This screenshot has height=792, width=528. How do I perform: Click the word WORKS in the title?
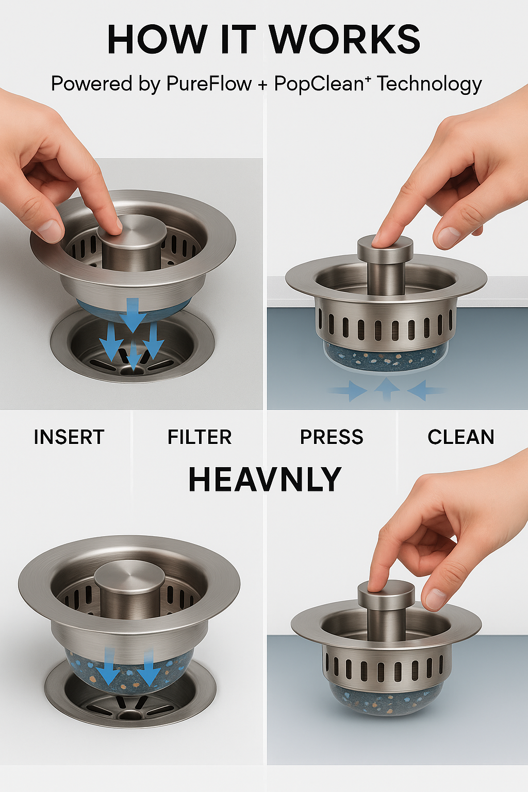pos(344,40)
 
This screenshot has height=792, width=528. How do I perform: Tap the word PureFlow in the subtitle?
pos(213,84)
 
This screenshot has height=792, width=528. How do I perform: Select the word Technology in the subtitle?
pos(430,84)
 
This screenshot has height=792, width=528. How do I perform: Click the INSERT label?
pos(69,437)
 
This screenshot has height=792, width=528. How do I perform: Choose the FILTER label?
pos(200,437)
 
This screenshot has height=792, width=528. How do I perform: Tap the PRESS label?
pos(332,437)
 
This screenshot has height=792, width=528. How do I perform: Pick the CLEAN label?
pos(461,437)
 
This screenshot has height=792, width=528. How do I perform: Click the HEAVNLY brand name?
pos(265,480)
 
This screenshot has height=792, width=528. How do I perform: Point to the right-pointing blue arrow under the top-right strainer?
pos(351,390)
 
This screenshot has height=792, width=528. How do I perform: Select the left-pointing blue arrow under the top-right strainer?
pos(424,390)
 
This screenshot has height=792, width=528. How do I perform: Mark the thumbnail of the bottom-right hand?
pos(435,599)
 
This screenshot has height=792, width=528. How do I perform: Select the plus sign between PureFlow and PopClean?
pos(263,85)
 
